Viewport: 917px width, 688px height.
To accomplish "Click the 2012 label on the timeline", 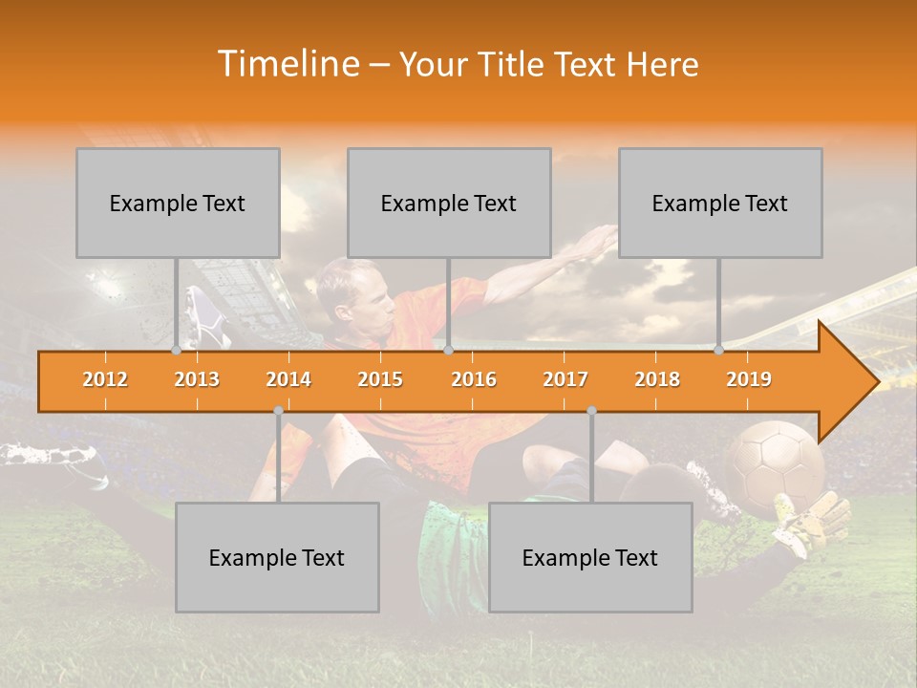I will coord(105,379).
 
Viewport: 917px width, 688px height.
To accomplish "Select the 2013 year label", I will coord(197,379).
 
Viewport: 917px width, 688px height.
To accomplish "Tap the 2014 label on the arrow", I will coord(288,379).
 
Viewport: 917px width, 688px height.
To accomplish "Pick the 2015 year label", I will coord(380,379).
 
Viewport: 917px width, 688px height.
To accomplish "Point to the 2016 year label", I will coord(474,379).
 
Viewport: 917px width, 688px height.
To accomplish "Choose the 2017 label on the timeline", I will coord(565,379).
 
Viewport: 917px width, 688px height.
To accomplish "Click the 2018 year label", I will coord(657,379).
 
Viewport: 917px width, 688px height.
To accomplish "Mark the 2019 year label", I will coord(749,379).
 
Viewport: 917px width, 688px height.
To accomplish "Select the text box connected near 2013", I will coord(178,203).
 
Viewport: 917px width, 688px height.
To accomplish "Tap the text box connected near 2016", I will coord(449,203).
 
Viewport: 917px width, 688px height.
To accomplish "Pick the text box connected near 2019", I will coord(720,203).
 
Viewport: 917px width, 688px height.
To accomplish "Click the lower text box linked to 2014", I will coord(277,557).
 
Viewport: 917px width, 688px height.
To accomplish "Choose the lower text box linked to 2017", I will coord(590,557).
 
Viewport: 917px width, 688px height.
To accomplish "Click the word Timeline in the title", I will coord(288,64).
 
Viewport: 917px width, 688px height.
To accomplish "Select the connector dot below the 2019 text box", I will coord(719,350).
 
